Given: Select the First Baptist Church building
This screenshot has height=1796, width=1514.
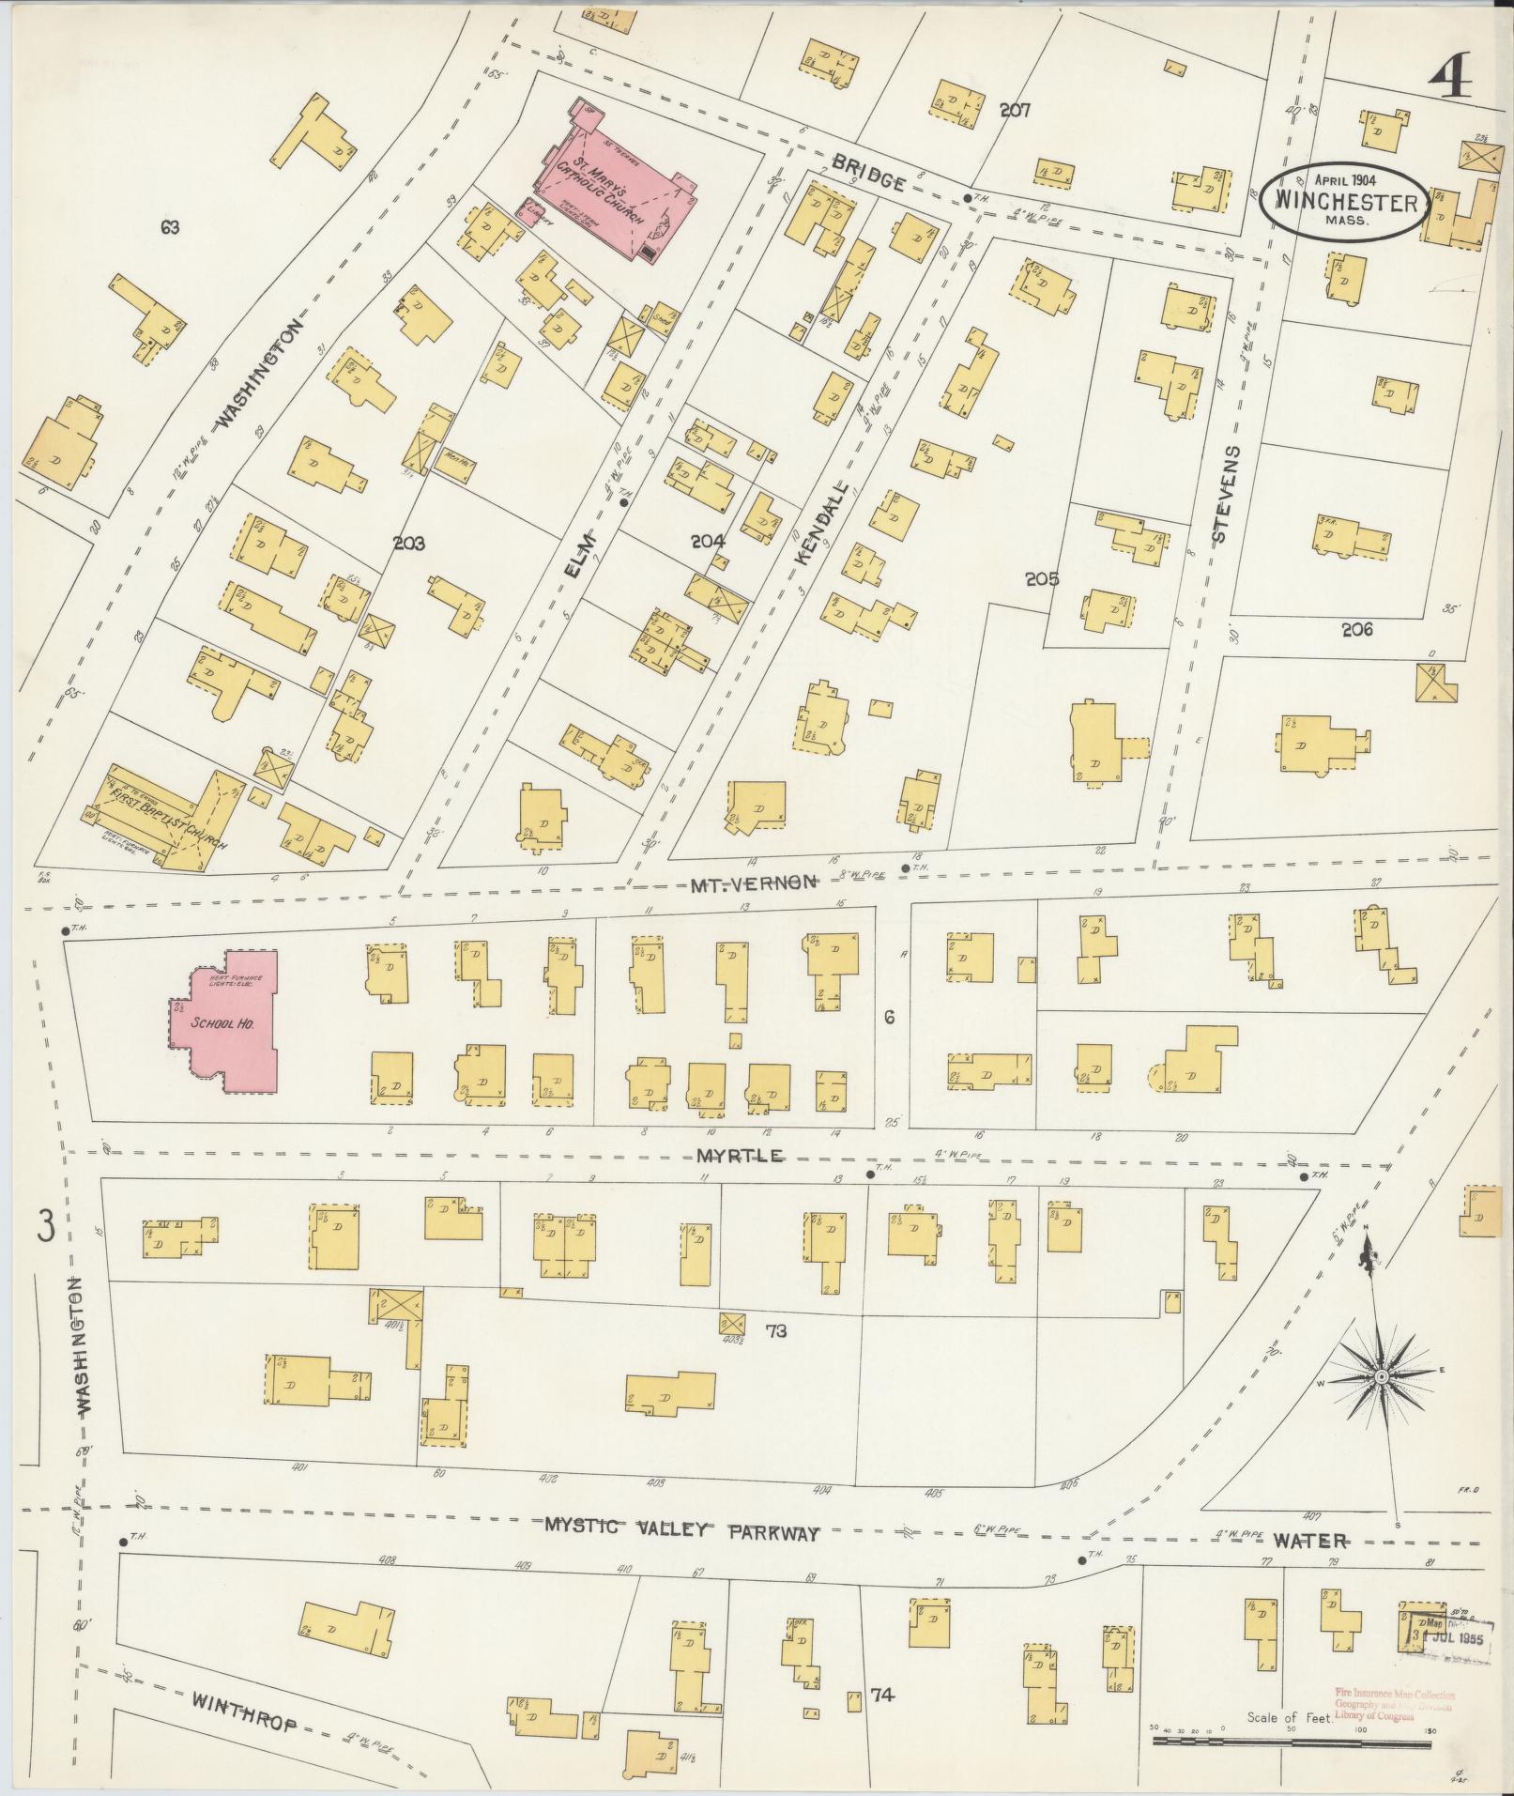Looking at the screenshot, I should (x=169, y=817).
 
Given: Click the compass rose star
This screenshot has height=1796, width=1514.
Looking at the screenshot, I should (x=1382, y=1376).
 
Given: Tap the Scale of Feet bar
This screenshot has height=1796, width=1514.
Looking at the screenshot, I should (x=1291, y=1742).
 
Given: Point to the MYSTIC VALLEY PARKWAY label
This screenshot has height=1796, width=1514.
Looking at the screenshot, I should (x=681, y=1531).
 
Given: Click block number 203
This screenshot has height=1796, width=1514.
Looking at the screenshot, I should (x=409, y=543).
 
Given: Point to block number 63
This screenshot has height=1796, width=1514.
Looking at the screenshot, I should (x=169, y=227).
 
